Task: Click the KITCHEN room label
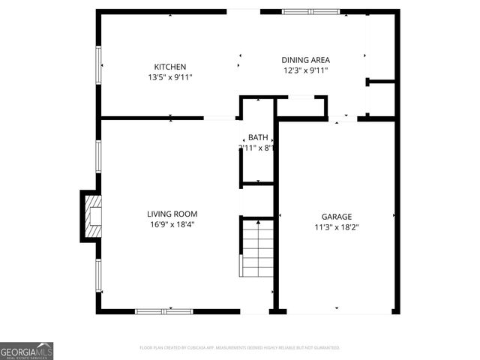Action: (170, 67)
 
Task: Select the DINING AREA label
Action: (305, 60)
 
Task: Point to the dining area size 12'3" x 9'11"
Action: (305, 70)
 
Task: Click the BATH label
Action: (258, 137)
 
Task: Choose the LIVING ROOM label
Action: (172, 214)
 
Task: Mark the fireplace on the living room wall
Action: (91, 217)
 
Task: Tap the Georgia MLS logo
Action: (26, 350)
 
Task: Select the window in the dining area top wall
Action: (310, 11)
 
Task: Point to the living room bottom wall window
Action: (163, 310)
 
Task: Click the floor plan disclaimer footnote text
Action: (240, 348)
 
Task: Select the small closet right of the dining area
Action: (381, 99)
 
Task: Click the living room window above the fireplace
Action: (98, 157)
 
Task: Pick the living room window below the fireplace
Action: (98, 275)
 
